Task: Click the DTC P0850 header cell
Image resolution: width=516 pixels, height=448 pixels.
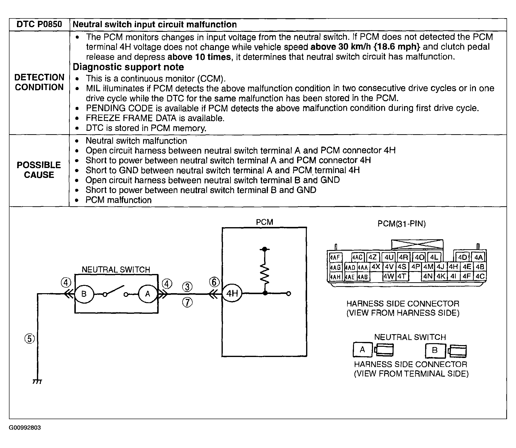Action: coord(39,25)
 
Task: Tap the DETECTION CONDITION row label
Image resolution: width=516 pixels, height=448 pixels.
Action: coord(39,82)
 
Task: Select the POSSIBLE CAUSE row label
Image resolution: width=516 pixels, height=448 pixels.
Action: coord(39,170)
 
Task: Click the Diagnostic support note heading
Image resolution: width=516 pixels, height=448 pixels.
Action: coord(128,67)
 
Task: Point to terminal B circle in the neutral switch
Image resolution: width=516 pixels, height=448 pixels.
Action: coord(84,294)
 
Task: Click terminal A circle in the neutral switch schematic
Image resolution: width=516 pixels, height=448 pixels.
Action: coord(148,294)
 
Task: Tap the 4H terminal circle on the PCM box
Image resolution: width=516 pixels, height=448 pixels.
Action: coord(232,293)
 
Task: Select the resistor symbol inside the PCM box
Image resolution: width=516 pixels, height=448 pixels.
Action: coord(265,274)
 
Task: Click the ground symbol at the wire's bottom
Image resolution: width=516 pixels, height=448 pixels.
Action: coord(37,382)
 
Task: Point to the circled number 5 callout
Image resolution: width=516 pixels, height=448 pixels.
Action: coord(30,339)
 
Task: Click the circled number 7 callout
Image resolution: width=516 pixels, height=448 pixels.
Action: coord(187,302)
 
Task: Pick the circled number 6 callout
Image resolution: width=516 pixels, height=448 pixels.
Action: coord(214,282)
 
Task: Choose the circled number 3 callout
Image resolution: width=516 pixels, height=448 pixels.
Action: coord(187,287)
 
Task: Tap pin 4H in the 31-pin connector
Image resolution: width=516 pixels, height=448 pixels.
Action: coord(453,267)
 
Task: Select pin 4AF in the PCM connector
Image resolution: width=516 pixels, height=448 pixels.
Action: coord(335,257)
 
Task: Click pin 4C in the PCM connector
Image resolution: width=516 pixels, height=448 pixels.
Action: coord(480,276)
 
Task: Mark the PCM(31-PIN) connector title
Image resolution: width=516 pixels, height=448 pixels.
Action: coord(401,224)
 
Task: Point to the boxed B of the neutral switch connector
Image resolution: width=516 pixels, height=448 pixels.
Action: coord(435,350)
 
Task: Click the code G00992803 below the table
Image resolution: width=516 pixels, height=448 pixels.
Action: coord(25,428)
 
